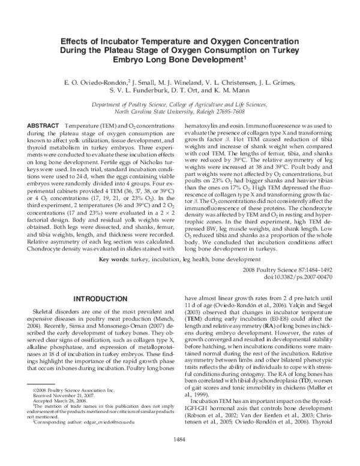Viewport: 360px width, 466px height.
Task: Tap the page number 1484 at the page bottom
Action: [x=180, y=455]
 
